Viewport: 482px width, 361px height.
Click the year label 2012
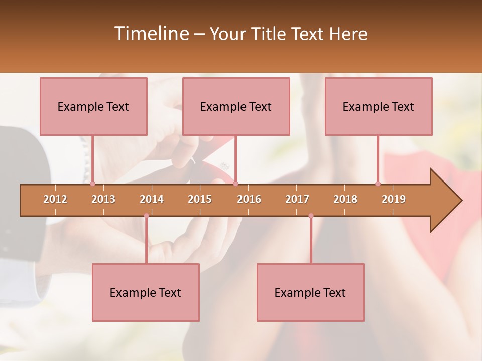click(55, 199)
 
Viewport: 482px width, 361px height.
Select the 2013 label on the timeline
click(103, 199)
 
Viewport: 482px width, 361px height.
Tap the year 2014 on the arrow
click(152, 199)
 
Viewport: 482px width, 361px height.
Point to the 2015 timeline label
click(200, 199)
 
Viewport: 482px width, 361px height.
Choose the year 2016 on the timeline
click(249, 199)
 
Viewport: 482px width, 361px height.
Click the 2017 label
click(297, 199)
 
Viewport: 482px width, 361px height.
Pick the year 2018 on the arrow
click(345, 199)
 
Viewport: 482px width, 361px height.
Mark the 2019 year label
click(394, 199)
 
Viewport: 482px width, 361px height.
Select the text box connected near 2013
click(93, 106)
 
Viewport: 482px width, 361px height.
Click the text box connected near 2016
click(236, 106)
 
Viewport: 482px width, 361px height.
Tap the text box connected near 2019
click(379, 106)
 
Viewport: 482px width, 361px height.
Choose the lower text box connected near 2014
click(146, 292)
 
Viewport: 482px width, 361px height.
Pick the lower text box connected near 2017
click(310, 292)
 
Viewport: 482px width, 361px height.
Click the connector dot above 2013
click(92, 184)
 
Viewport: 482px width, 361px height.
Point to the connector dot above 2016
click(235, 184)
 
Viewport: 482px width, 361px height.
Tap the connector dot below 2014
click(146, 216)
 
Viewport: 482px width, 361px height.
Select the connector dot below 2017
click(311, 216)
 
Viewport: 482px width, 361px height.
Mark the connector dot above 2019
click(378, 184)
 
